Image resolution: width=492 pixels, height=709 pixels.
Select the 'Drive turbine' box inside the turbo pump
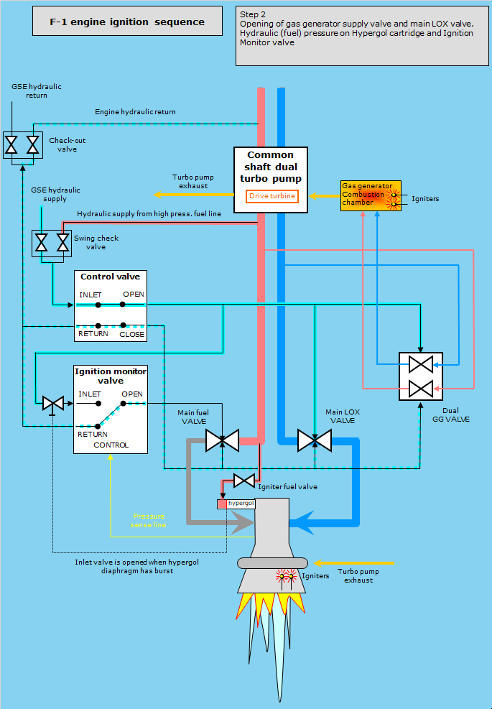pyautogui.click(x=272, y=196)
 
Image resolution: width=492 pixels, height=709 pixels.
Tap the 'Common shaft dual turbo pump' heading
pyautogui.click(x=271, y=166)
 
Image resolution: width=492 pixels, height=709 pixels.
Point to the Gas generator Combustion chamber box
pyautogui.click(x=367, y=195)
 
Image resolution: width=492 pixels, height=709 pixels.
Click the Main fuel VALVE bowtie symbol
pyautogui.click(x=222, y=440)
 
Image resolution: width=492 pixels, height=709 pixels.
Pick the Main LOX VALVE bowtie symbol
pyautogui.click(x=314, y=440)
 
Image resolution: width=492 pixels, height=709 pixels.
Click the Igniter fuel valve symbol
pyautogui.click(x=245, y=480)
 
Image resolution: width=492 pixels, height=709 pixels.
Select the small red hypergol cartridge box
pyautogui.click(x=222, y=504)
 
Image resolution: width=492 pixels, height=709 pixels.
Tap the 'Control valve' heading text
pyautogui.click(x=110, y=277)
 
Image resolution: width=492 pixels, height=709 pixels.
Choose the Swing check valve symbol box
pyautogui.click(x=52, y=243)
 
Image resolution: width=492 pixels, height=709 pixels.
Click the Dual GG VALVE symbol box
pyautogui.click(x=419, y=376)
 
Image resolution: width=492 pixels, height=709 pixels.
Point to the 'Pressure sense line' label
pyautogui.click(x=149, y=521)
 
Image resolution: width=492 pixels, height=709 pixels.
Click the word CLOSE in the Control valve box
pyautogui.click(x=132, y=334)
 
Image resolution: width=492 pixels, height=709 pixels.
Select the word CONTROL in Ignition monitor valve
pyautogui.click(x=111, y=445)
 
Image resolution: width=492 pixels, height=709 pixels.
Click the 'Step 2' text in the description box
pyautogui.click(x=254, y=14)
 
